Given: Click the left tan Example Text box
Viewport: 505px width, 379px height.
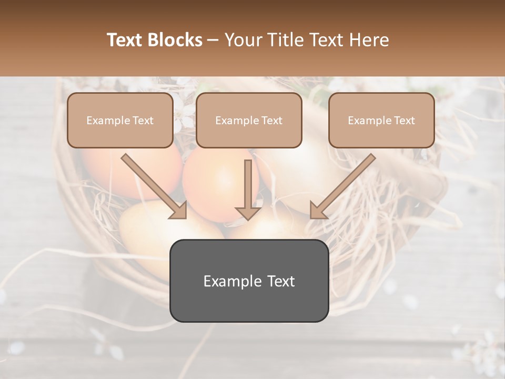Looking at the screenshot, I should point(120,121).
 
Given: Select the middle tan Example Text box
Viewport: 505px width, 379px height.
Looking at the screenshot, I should point(249,121).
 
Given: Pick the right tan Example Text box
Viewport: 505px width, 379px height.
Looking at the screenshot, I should point(381,121).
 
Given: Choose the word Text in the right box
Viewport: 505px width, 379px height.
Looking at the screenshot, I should point(405,121).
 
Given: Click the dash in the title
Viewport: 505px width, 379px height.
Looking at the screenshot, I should point(213,40).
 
